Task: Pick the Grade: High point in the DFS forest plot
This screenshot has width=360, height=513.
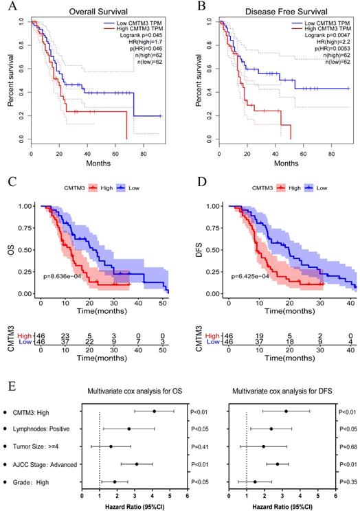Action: (255, 482)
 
